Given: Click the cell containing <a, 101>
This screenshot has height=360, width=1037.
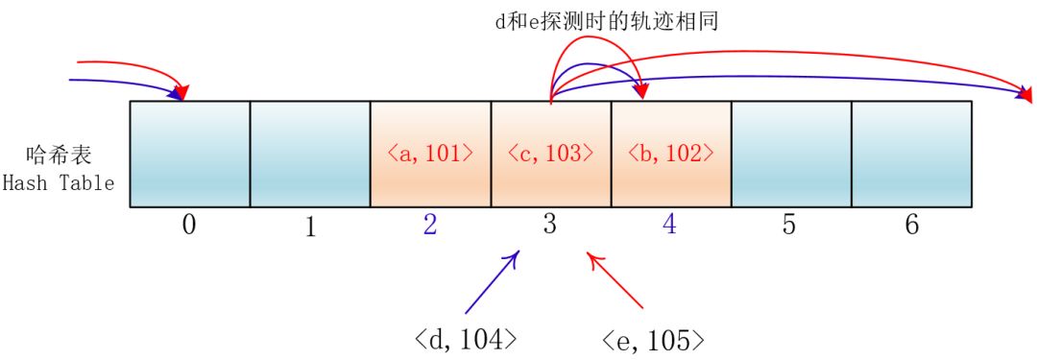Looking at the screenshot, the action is [x=430, y=154].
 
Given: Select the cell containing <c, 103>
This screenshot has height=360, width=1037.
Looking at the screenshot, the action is [x=551, y=154].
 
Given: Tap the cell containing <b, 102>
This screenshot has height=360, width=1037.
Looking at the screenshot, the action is [x=671, y=154].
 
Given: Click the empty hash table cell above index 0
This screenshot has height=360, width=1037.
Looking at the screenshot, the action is [x=189, y=154].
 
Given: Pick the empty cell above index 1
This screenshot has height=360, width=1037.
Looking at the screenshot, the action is [x=309, y=154].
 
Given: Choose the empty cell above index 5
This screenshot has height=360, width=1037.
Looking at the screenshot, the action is [x=791, y=154].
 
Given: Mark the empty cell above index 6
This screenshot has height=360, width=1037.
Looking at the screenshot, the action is [x=911, y=154].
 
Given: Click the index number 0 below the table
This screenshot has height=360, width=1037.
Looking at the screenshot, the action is [x=189, y=228].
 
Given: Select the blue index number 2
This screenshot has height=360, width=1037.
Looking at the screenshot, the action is [x=430, y=228].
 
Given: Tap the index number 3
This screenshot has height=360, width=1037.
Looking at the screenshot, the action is [x=550, y=228].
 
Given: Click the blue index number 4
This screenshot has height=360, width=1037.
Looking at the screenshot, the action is [x=670, y=228].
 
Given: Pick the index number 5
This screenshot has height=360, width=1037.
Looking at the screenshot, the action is [x=790, y=228].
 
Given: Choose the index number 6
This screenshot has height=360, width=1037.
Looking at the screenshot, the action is [x=911, y=228].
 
